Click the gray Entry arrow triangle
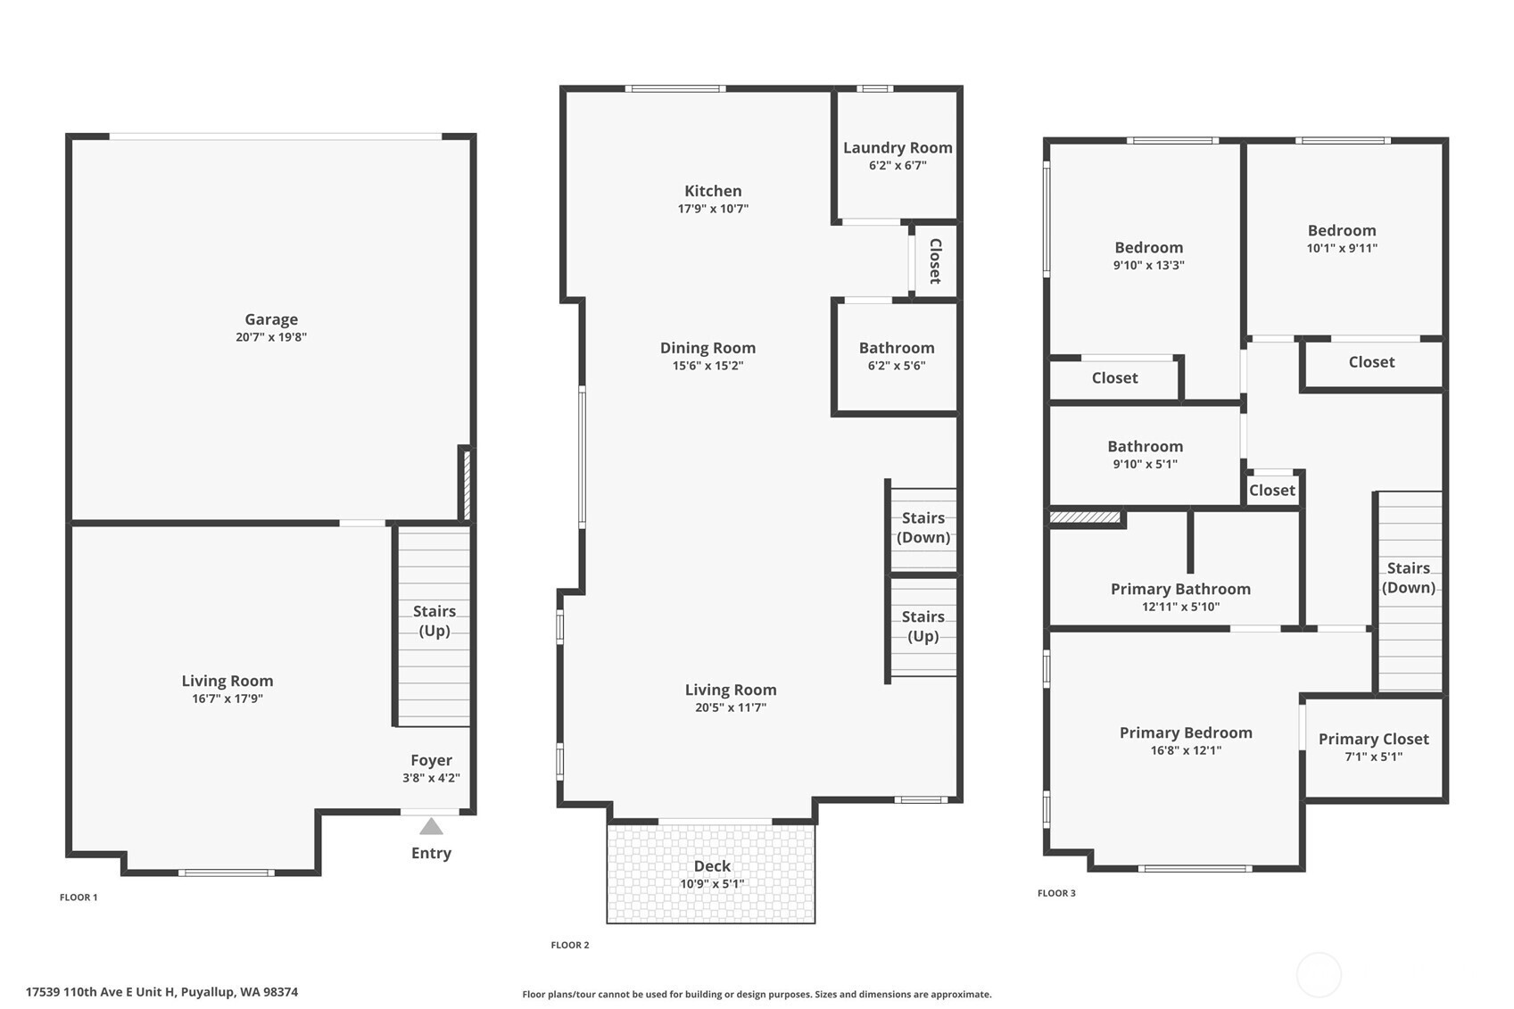[431, 826]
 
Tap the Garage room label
[271, 319]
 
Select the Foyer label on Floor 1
[431, 760]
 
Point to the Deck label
[712, 865]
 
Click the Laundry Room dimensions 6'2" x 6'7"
[898, 166]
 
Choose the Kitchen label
[713, 191]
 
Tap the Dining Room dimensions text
[707, 366]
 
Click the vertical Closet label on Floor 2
[936, 261]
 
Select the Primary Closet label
[1373, 740]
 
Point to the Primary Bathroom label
[1181, 590]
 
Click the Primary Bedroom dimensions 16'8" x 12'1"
[1187, 750]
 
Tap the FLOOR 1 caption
[79, 897]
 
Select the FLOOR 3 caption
[1056, 893]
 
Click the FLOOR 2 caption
[570, 946]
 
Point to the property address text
[161, 992]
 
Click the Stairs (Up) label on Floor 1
[434, 621]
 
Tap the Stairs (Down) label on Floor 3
[1409, 578]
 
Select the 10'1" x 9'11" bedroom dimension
[1342, 248]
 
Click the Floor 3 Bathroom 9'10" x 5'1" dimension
[1145, 464]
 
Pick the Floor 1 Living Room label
[228, 681]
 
